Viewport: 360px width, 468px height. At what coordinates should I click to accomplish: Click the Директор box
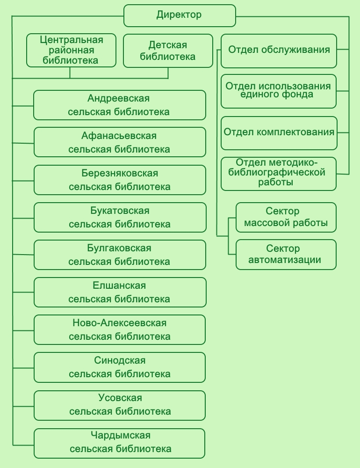[x=180, y=15]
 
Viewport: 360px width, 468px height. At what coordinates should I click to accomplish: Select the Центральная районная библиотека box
[x=71, y=50]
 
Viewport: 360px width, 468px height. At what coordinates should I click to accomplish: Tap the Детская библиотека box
[x=168, y=51]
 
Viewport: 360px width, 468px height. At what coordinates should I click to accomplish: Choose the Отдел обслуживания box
[x=279, y=51]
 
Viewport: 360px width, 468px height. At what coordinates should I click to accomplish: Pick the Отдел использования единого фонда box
[x=279, y=91]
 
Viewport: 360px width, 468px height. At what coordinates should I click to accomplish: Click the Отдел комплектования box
[x=279, y=133]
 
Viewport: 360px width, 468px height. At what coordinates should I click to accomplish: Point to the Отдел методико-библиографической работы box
[x=279, y=174]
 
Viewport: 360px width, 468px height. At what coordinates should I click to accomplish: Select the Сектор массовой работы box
[x=286, y=217]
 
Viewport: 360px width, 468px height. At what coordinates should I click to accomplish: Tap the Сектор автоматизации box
[x=286, y=255]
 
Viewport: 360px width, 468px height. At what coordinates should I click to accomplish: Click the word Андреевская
[x=119, y=98]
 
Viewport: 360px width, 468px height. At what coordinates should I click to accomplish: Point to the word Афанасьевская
[x=119, y=136]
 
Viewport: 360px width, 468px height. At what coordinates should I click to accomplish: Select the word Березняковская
[x=120, y=173]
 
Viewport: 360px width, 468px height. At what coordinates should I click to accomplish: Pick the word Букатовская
[x=120, y=211]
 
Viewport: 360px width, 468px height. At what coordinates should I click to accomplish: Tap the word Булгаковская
[x=119, y=248]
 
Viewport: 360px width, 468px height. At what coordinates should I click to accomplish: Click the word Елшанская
[x=119, y=285]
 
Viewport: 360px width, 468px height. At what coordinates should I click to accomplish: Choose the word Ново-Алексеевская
[x=120, y=323]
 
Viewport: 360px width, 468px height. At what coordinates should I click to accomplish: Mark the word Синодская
[x=120, y=360]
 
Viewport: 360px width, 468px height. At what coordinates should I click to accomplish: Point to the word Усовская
[x=120, y=398]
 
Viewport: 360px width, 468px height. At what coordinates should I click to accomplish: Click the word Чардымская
[x=121, y=435]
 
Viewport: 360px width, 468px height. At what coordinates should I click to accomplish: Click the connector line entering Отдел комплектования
[x=343, y=132]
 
